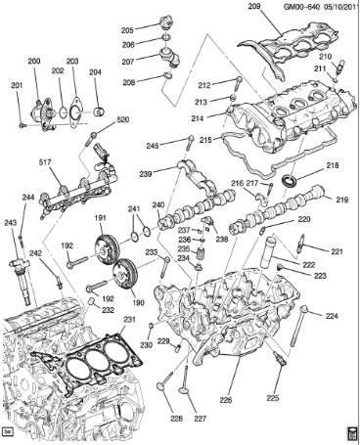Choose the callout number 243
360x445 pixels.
[10, 223]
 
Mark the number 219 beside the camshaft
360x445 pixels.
[342, 200]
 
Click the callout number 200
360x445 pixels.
[35, 62]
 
